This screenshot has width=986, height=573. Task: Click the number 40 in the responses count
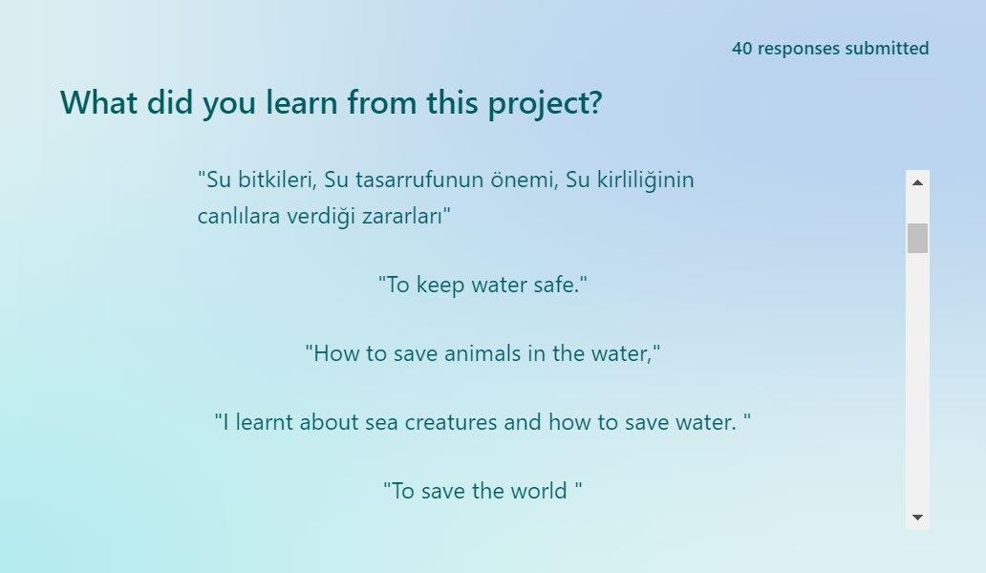coord(741,49)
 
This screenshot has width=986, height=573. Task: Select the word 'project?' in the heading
coord(546,103)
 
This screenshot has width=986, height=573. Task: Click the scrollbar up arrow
coord(917,182)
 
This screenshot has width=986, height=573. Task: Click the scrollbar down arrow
coord(917,517)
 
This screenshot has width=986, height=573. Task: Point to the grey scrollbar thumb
coord(917,238)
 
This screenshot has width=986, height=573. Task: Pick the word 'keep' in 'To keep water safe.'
coord(440,286)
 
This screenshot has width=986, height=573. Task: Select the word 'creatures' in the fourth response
coord(450,421)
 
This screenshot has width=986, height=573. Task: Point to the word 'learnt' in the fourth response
coord(264,421)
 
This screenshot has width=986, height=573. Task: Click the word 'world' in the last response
coord(538,491)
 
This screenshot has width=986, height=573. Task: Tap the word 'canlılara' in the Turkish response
coord(239,216)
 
